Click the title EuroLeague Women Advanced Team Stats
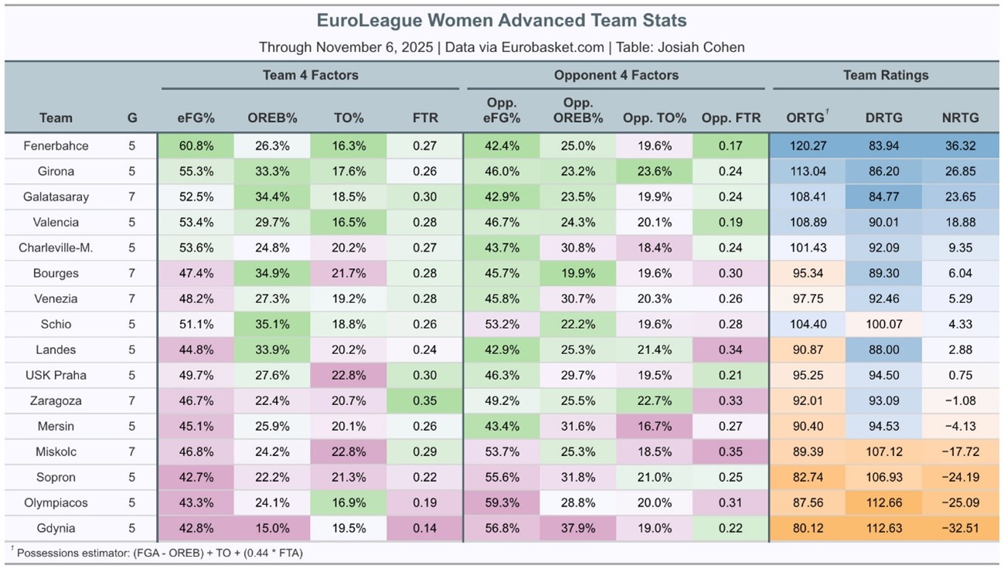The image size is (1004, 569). (502, 20)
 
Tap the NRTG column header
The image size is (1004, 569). (961, 118)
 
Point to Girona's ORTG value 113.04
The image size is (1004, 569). (808, 172)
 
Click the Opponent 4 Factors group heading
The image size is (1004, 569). (616, 75)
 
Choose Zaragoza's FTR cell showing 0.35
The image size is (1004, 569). (424, 400)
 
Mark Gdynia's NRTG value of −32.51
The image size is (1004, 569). (961, 528)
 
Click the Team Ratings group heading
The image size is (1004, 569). (885, 75)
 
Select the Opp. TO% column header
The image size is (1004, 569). (654, 118)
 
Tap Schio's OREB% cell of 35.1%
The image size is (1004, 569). (271, 325)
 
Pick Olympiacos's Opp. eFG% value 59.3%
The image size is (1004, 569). (501, 503)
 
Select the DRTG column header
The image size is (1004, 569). (884, 118)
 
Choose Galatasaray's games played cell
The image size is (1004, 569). (131, 197)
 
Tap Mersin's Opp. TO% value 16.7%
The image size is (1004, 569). (654, 426)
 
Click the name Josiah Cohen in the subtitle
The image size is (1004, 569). (699, 47)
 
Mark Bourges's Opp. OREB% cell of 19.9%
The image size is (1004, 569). (577, 274)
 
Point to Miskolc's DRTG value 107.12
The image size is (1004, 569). (884, 451)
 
